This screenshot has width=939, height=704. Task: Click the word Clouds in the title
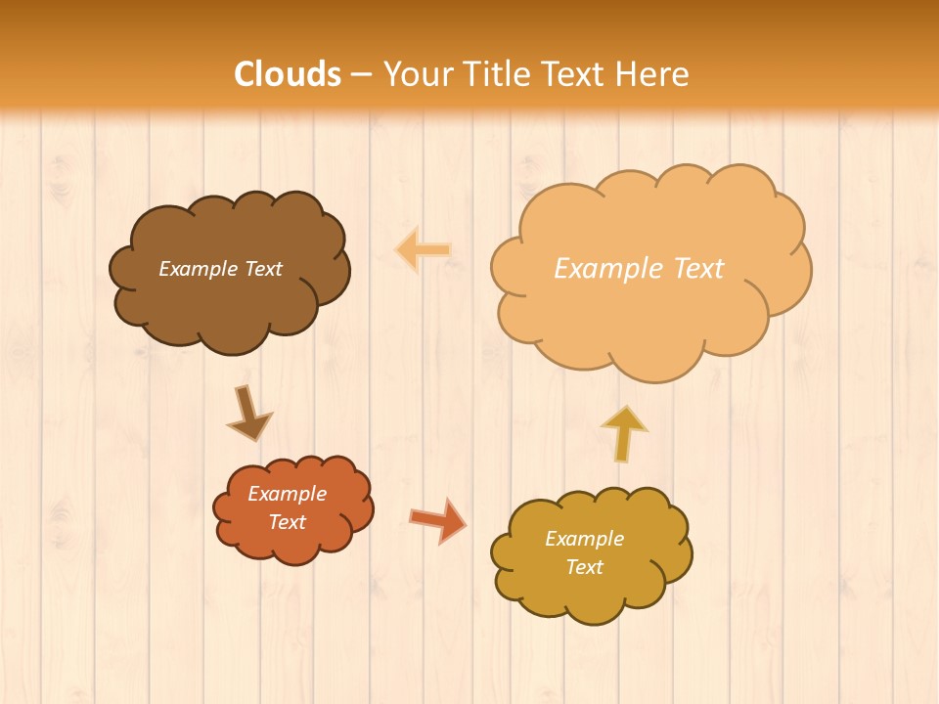[x=288, y=74]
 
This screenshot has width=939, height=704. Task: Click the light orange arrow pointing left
[x=423, y=250]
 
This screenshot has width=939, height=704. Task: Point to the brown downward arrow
[x=248, y=414]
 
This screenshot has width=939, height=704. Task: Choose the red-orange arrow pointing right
[x=437, y=519]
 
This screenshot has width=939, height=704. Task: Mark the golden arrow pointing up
[x=624, y=433]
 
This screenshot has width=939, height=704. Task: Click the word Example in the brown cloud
[x=199, y=269]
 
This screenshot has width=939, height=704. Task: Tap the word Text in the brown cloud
[x=262, y=269]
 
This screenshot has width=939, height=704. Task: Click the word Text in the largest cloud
[x=696, y=269]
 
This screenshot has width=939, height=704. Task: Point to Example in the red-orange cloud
[x=287, y=494]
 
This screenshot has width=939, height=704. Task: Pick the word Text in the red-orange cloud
[x=287, y=522]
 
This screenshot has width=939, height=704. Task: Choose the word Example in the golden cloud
[x=584, y=539]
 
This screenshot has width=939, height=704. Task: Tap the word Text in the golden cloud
[x=584, y=567]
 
